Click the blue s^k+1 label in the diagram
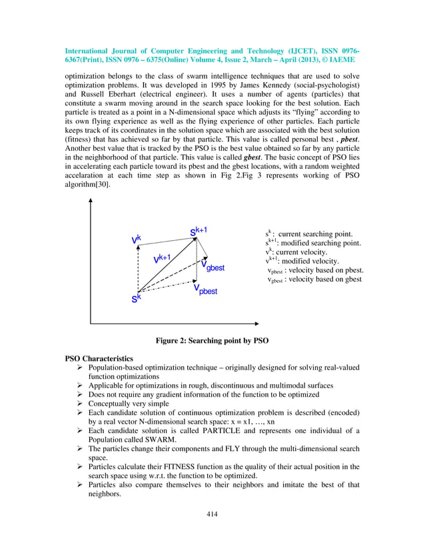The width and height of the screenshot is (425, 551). [x=199, y=231]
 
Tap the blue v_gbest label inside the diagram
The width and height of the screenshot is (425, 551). [x=212, y=265]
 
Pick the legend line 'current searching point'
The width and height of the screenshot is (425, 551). [x=308, y=234]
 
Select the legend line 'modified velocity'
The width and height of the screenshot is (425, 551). [x=302, y=261]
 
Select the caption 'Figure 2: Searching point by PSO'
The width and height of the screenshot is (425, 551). [x=212, y=341]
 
